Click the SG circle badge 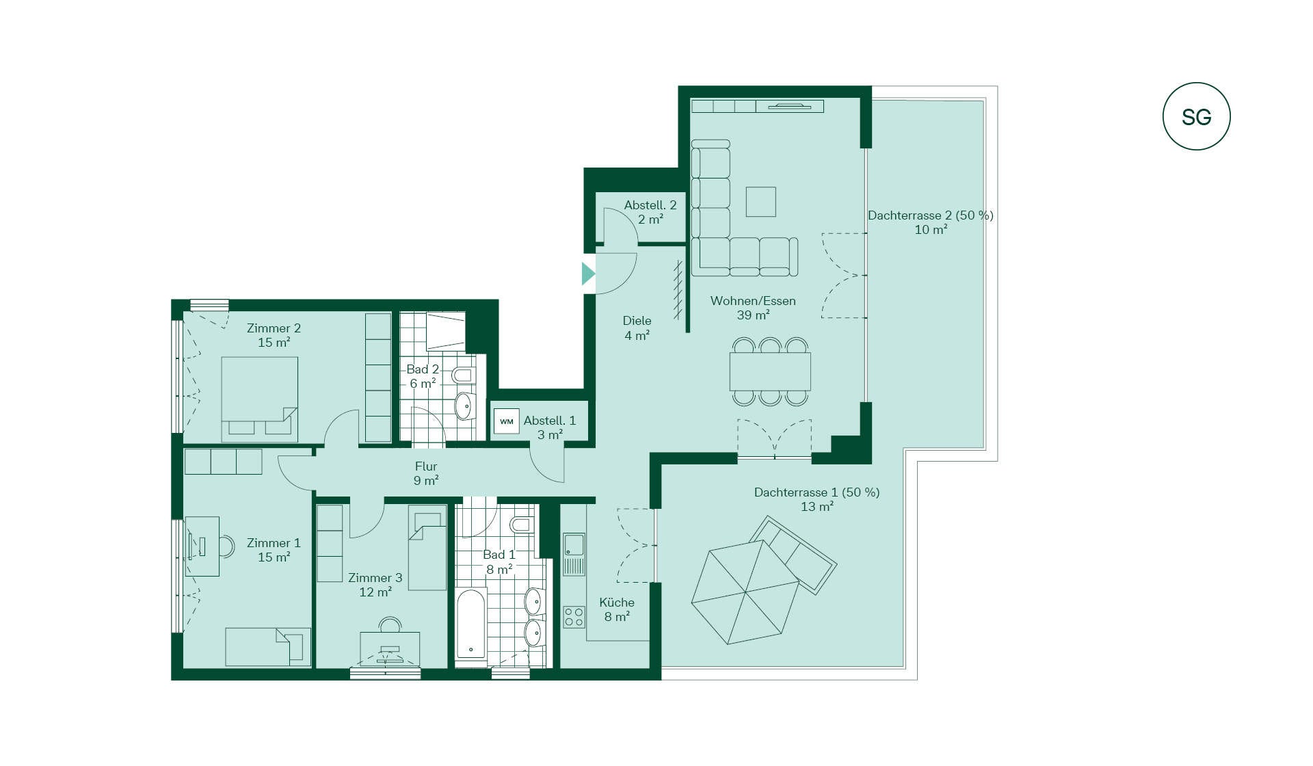tap(1196, 117)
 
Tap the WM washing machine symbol tap(506, 421)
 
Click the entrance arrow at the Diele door tap(588, 274)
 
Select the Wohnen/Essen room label tap(753, 301)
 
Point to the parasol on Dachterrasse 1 tap(745, 592)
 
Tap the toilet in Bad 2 tap(463, 375)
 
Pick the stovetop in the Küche tap(574, 617)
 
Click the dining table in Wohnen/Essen tap(770, 371)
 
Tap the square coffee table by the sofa tap(760, 202)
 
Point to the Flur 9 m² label tap(426, 473)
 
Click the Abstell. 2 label tap(650, 205)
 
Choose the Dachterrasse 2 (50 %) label tap(931, 215)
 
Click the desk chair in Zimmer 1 tap(226, 546)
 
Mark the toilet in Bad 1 tap(521, 525)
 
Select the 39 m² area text tap(753, 315)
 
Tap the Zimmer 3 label tap(375, 578)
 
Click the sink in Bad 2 tap(464, 406)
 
